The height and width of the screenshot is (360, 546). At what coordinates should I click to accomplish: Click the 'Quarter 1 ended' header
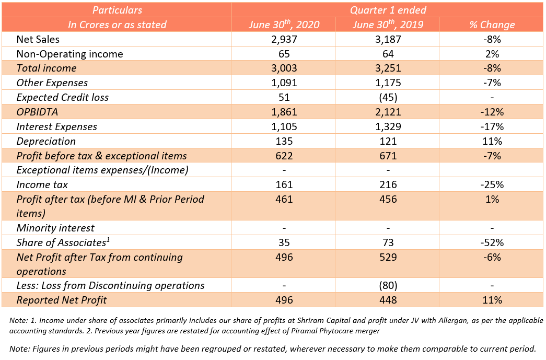pos(388,10)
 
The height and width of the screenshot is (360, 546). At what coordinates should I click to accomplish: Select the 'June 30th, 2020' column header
pos(283,25)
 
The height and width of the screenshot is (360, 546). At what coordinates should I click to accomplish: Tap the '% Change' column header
pos(492,25)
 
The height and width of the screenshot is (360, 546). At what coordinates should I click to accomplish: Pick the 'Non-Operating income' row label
pos(70,54)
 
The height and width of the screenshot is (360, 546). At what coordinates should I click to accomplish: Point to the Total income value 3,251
pos(387,68)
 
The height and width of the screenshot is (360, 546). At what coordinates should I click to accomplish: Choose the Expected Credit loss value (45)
pos(387,97)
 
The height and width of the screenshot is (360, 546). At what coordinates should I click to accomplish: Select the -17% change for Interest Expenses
pos(492,126)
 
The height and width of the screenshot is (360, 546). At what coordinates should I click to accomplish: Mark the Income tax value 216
pos(387,184)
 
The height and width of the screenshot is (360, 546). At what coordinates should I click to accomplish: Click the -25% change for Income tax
pos(492,184)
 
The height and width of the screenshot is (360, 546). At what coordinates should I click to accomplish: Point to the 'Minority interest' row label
pos(55,228)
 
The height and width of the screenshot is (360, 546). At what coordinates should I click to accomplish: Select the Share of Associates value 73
pos(387,242)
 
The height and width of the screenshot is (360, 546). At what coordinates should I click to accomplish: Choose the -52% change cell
pos(492,242)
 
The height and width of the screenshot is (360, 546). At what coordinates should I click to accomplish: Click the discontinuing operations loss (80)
pos(387,285)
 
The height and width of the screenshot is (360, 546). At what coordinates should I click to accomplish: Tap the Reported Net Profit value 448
pos(387,300)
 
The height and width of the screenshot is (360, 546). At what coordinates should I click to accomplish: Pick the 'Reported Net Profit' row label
pos(62,300)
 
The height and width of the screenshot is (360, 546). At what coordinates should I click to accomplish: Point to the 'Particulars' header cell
pos(117,10)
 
